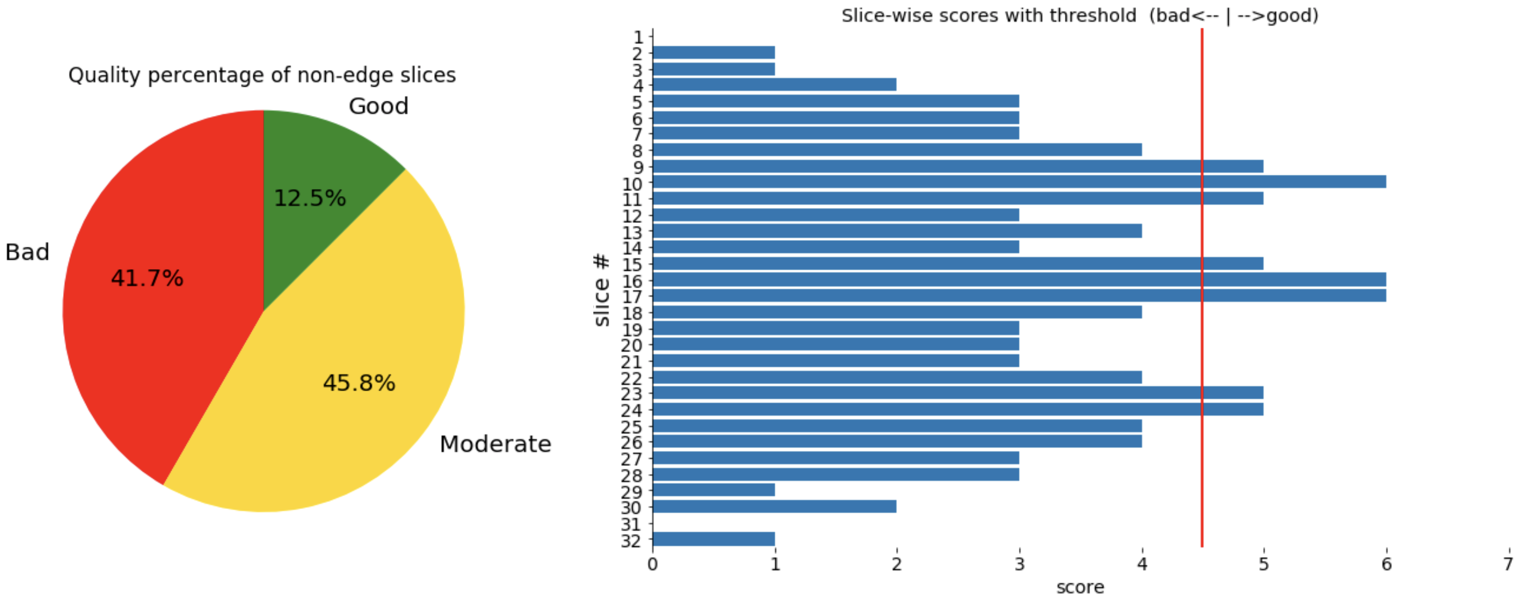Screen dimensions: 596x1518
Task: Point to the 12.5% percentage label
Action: coord(309,198)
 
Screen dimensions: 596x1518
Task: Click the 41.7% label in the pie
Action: coord(147,278)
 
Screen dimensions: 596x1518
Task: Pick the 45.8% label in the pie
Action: coord(359,383)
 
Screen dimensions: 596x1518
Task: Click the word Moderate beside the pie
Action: coord(495,444)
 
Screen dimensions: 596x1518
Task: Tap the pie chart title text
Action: coord(262,75)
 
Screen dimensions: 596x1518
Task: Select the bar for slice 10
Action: coord(1019,182)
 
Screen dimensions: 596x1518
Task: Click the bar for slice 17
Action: coord(1019,296)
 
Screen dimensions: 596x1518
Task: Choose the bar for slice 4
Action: coord(774,85)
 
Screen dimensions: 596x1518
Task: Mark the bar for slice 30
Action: coord(774,507)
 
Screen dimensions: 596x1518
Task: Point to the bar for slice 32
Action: coord(714,539)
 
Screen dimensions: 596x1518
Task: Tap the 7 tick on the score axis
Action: coord(1508,564)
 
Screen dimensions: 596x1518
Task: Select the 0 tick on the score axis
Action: coord(652,564)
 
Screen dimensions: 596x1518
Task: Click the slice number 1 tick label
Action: coord(638,37)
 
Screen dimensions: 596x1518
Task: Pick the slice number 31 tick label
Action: coord(631,524)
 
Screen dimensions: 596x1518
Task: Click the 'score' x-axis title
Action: coord(1080,587)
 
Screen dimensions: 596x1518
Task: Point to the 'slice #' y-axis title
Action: coord(602,290)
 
